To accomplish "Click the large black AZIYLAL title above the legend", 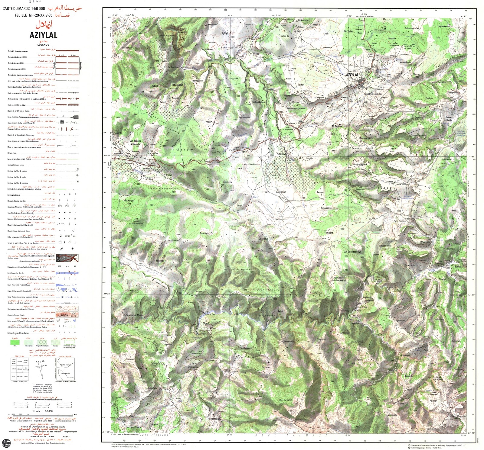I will (43, 35).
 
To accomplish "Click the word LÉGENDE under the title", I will (43, 45).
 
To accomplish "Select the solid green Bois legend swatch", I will (15, 342).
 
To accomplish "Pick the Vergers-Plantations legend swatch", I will (42, 342).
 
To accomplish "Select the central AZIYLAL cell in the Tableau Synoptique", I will (20, 369).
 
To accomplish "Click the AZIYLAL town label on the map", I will (352, 75).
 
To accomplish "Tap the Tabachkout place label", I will (177, 85).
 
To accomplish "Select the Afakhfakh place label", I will (281, 192).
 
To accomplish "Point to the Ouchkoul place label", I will (263, 239).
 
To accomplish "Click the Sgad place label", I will (206, 323).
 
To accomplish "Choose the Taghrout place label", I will (322, 339).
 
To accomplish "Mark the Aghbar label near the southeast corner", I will (433, 401).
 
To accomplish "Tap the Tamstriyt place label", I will (204, 233).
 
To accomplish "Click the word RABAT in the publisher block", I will (66, 436).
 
